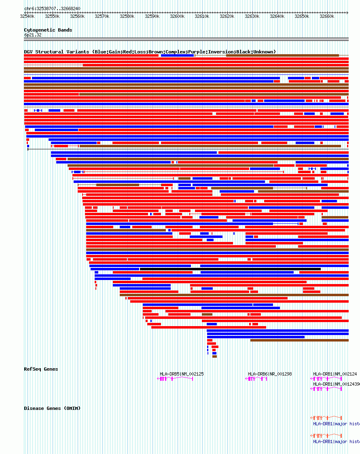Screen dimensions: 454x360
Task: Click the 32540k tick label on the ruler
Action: click(27, 17)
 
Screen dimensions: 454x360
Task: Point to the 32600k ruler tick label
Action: click(177, 17)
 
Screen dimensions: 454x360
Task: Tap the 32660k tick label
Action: click(327, 17)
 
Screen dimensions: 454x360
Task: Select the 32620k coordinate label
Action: click(227, 17)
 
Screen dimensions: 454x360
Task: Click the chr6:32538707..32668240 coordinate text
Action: click(52, 8)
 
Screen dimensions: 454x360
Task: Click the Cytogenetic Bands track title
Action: click(48, 30)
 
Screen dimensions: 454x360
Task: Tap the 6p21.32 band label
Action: click(32, 35)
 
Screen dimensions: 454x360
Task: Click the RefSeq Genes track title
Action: click(41, 369)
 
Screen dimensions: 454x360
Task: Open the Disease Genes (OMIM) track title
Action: click(52, 408)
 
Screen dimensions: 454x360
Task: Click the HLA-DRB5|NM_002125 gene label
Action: click(182, 374)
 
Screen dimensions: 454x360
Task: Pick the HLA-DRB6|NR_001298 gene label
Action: click(270, 374)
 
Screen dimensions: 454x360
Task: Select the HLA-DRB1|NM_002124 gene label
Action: click(335, 374)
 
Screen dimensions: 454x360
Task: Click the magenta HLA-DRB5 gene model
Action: click(175, 379)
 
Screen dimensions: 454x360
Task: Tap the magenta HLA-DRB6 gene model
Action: click(256, 379)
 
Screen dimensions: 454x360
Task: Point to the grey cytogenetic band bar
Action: click(186, 39)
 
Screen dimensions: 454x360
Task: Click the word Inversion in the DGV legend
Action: click(221, 52)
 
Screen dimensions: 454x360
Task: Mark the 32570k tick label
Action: click(102, 17)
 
